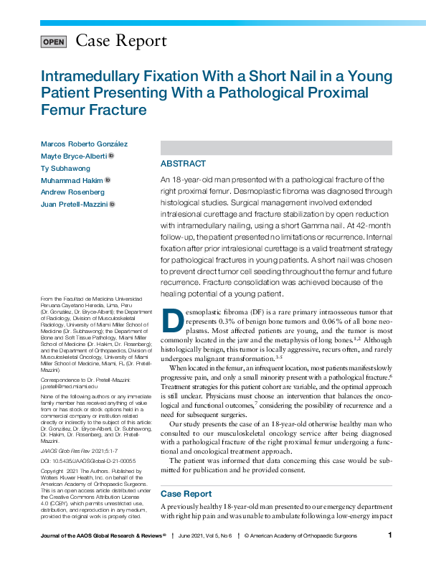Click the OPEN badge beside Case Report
click(54, 42)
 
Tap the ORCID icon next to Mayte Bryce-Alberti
click(111, 156)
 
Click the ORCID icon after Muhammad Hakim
click(107, 180)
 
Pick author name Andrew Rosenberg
click(74, 192)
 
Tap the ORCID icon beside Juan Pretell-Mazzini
click(112, 205)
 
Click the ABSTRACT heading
click(183, 164)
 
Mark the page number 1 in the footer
click(389, 535)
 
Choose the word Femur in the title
click(65, 111)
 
